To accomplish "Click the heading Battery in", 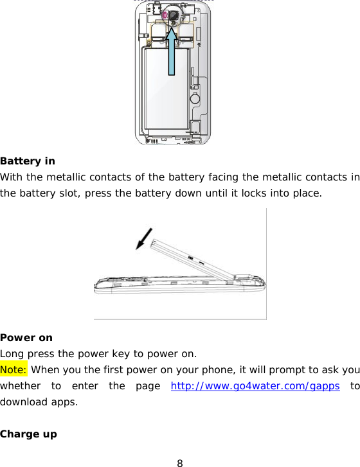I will coord(28,161).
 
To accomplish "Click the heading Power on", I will coord(26,337).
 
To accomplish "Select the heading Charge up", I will coord(28,434).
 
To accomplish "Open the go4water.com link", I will coord(255,387).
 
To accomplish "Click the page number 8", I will coord(180,462).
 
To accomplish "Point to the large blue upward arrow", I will coord(173,51).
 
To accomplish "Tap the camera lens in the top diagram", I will coord(173,13).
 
